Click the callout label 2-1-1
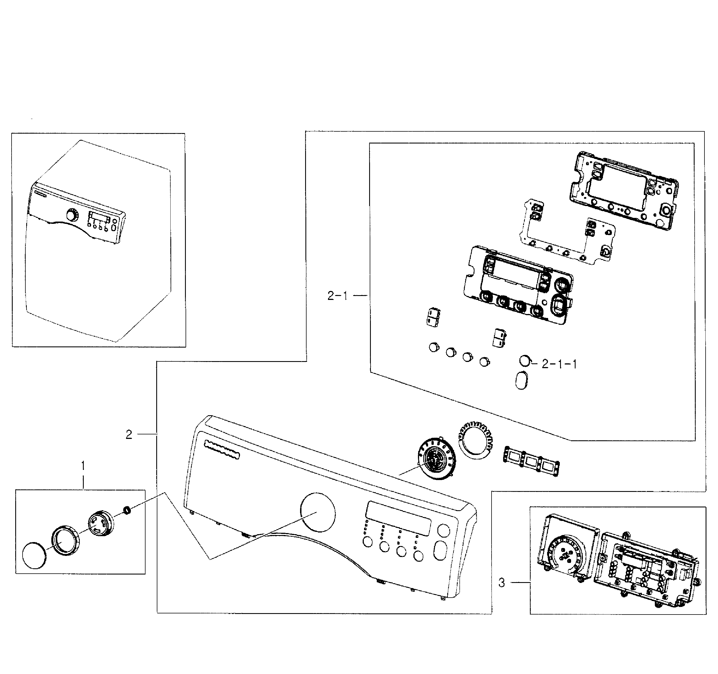coord(559,364)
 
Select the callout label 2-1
coord(337,296)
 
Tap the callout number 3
coord(502,583)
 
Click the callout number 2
coord(129,435)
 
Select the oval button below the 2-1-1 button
coord(521,380)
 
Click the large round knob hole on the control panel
coord(318,512)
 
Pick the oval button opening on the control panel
coord(440,551)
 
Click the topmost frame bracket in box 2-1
coord(622,190)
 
